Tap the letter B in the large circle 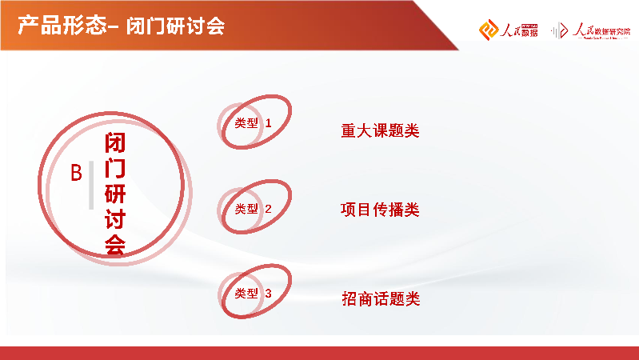pos(77,173)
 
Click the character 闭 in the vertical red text pos(115,144)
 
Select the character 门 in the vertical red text pos(115,169)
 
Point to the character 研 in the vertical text pos(115,194)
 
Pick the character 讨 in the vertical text pos(115,219)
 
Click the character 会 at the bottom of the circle pos(115,245)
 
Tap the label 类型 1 pos(247,123)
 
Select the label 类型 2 pos(247,209)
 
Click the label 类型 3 pos(247,294)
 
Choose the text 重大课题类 pos(380,131)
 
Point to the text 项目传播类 pos(380,210)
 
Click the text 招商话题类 pos(380,299)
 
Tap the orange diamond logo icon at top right pos(488,30)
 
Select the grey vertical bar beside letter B pos(91,185)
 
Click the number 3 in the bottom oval pos(269,294)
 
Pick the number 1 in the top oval pos(269,123)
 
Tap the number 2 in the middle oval pos(269,209)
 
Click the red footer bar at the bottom pos(319,353)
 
